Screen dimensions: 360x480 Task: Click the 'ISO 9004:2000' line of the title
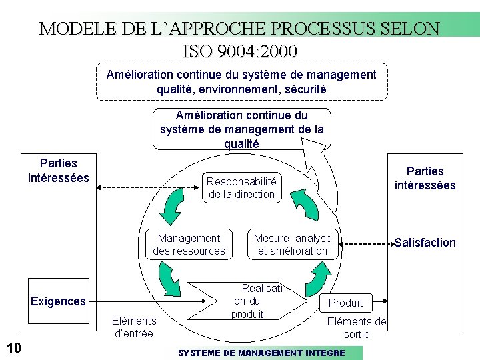pos(239,51)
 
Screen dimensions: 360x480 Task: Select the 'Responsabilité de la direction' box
pos(241,188)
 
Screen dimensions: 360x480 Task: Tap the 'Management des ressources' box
pos(189,245)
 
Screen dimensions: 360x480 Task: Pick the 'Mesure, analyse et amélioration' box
pos(293,245)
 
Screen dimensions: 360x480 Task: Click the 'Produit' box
pos(345,303)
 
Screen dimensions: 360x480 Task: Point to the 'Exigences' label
pos(58,301)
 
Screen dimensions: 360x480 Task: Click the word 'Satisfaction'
pos(425,243)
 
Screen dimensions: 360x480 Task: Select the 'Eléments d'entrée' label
pos(133,327)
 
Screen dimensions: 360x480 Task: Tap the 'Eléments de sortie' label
pos(357,328)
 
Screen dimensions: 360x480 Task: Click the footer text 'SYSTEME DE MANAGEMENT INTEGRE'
pos(261,353)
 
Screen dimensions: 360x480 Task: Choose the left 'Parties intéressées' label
pos(59,171)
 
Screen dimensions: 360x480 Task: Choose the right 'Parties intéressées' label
pos(425,178)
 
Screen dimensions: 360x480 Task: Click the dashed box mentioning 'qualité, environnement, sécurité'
pos(241,81)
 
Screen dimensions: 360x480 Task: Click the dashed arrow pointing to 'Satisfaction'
pos(366,245)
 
